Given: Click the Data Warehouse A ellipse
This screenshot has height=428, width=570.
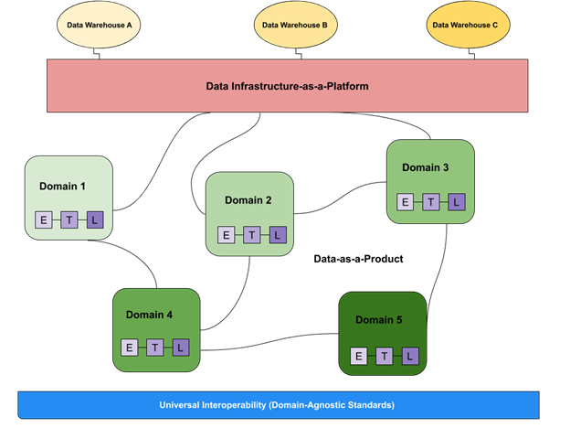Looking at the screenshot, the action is coord(99,25).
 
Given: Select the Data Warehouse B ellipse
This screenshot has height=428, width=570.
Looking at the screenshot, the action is coord(296,25).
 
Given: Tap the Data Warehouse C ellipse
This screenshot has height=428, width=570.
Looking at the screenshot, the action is coord(469,25).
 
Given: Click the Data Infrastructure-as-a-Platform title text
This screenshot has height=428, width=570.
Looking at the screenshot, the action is coord(287,86).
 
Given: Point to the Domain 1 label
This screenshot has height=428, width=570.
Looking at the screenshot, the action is coord(62,187).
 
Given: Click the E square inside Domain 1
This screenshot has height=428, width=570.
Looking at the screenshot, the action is coord(44,219).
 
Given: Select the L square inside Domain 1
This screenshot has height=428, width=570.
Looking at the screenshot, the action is coord(95,219).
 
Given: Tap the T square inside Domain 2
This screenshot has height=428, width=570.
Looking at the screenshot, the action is coord(252,235).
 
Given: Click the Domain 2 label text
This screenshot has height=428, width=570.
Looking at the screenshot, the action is coord(248,200).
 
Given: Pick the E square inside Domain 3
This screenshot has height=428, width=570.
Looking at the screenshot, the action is coord(405,202).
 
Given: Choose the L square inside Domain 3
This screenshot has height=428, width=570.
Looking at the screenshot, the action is coord(457,202).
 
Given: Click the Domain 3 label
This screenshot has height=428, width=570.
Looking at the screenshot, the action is coord(426,167).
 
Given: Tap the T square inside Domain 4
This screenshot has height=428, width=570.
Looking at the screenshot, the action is coord(155,348).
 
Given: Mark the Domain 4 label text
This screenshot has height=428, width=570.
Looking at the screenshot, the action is coord(149,315).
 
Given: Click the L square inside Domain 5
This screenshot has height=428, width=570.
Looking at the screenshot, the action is coord(410,356).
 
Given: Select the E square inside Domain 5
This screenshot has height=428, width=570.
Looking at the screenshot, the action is coord(359,356).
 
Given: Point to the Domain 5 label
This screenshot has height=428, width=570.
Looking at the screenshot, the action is coord(379,320).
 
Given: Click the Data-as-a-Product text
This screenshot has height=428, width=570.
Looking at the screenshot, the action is coord(358,259).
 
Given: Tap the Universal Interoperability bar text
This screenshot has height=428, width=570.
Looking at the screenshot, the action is coord(277,405).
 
